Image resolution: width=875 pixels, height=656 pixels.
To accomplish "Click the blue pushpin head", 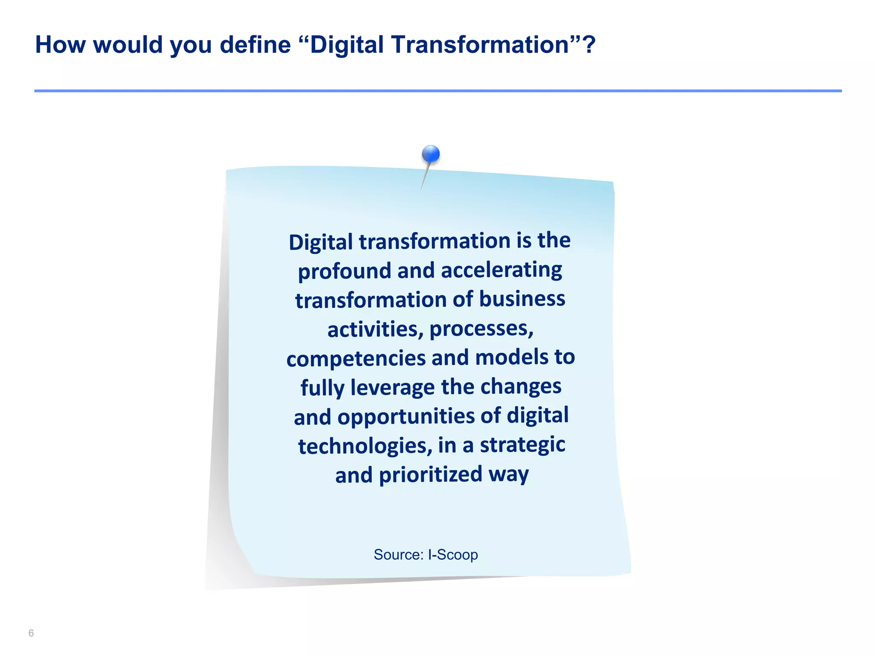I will pos(431,154).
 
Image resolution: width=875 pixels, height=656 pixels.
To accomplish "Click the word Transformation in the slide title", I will pos(480,44).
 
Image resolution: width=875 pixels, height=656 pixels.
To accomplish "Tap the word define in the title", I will pos(255,44).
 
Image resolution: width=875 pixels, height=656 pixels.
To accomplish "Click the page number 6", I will pos(31,633).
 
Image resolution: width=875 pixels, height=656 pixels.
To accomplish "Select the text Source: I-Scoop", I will pos(426,554).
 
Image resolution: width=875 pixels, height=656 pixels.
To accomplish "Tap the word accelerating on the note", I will pos(501,270).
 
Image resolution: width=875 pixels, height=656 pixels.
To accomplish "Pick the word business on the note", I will pos(522,299).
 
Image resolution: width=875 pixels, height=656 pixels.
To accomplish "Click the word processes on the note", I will pos(481,328).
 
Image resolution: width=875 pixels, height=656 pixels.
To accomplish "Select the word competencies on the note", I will pos(356,358).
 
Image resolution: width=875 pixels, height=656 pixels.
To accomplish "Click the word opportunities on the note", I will pos(406,416).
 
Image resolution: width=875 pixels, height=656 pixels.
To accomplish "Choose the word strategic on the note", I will pos(523,445).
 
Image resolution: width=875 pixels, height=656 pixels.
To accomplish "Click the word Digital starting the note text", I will pos(320,242).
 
